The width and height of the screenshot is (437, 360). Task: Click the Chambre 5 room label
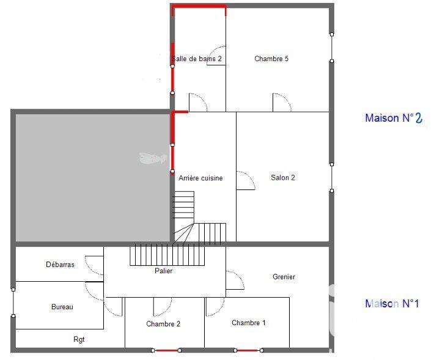(271, 59)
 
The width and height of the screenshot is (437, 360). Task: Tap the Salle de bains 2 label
(197, 59)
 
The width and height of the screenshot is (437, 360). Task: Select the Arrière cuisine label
(200, 178)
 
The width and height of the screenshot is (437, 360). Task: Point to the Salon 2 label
(283, 178)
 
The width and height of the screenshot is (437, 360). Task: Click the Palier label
(163, 271)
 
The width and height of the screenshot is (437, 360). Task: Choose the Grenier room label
(284, 277)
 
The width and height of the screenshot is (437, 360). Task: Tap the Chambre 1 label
(249, 323)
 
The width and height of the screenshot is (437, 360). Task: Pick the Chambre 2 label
(163, 323)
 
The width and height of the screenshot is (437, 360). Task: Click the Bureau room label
(62, 307)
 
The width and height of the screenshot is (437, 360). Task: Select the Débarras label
(60, 265)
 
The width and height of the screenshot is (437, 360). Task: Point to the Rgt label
(79, 339)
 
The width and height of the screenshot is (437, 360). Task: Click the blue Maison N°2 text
(394, 118)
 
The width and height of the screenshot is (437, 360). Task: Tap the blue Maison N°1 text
(392, 303)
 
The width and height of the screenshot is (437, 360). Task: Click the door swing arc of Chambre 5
(282, 101)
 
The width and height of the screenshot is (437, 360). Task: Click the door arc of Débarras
(94, 264)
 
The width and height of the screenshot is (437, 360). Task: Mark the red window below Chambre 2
(166, 351)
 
